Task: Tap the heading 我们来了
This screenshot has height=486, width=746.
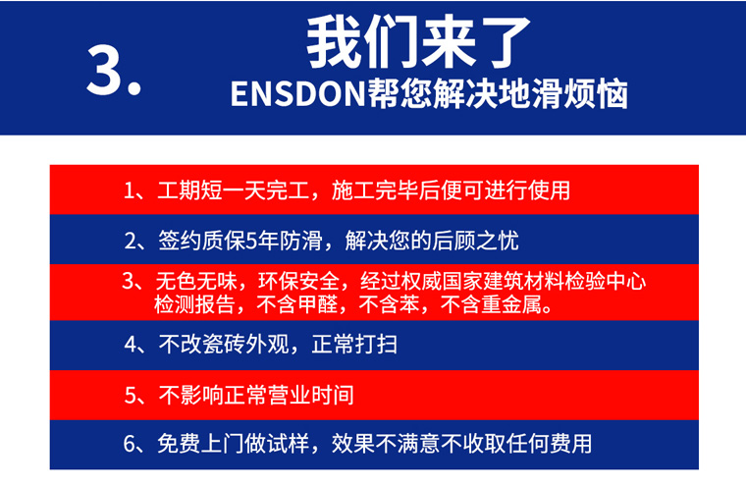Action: (419, 42)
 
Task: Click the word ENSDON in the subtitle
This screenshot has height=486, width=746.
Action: (298, 94)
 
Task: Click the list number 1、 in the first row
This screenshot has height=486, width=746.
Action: (134, 190)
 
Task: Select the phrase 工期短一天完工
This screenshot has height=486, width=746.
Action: (234, 189)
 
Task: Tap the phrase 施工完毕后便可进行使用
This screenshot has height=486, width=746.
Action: (451, 189)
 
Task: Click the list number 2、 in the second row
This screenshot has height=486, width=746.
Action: (135, 241)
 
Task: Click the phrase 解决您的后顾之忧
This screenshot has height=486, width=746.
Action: (432, 241)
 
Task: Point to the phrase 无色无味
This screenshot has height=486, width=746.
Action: (196, 281)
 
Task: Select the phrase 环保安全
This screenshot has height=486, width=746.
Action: (298, 281)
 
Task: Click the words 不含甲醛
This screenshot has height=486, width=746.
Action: (297, 304)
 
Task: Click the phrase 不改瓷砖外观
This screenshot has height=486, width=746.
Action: (224, 344)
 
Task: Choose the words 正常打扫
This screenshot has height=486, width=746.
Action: (355, 344)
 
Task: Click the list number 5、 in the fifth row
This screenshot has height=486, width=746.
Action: (135, 396)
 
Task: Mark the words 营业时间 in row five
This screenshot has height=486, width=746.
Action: (311, 395)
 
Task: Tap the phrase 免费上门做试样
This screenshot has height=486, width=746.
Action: (234, 444)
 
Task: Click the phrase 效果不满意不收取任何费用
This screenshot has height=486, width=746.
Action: (462, 444)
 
